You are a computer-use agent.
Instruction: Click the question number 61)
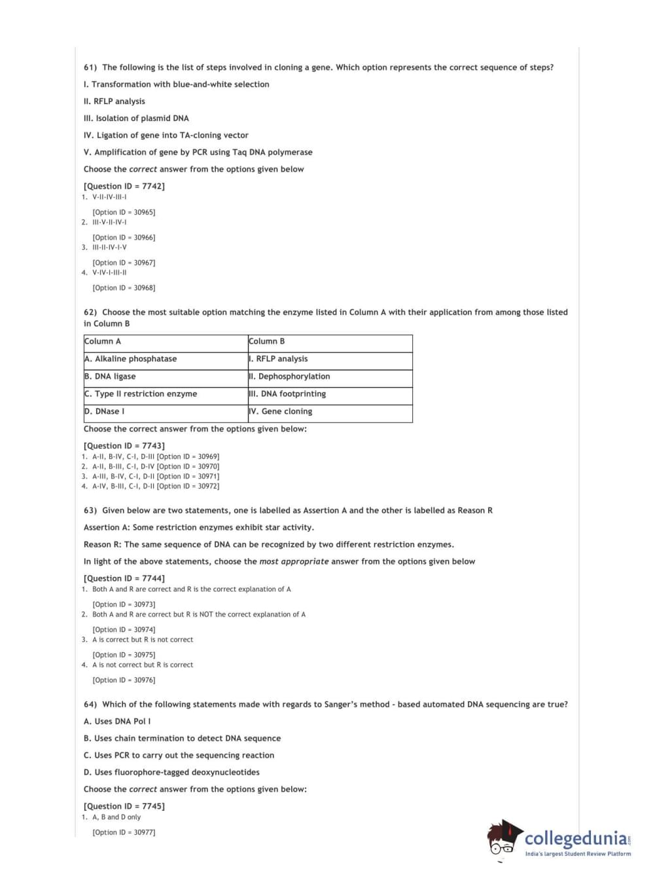[90, 67]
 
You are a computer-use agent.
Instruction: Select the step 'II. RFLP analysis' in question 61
[115, 102]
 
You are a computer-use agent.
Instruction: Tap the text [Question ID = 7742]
[124, 187]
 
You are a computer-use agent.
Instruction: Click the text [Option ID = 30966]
[124, 238]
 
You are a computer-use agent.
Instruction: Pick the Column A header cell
[166, 342]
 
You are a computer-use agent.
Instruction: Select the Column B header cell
[330, 342]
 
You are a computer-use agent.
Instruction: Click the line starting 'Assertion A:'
[199, 528]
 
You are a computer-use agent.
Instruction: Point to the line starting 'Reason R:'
[268, 545]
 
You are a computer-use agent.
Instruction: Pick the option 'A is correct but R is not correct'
[143, 640]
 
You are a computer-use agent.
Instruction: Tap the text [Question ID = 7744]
[124, 579]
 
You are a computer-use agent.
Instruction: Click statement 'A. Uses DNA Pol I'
[117, 722]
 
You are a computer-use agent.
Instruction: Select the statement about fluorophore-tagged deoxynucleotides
[171, 773]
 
